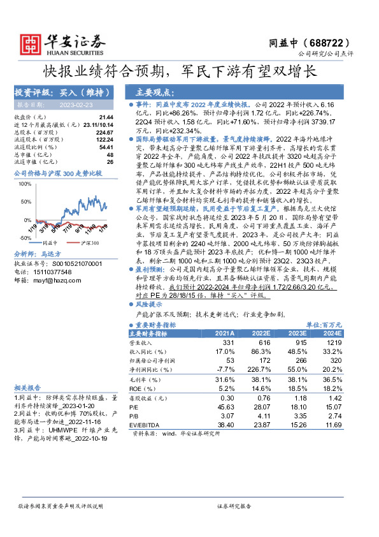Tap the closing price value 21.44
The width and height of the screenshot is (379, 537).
[x=106, y=117]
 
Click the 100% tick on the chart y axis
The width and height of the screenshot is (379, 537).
[x=25, y=184]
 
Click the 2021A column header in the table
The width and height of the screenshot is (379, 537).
[x=224, y=333]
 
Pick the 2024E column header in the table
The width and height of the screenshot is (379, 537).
[x=332, y=333]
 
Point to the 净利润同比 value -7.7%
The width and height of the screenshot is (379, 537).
[x=226, y=369]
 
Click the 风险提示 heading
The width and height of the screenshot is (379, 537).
[x=151, y=304]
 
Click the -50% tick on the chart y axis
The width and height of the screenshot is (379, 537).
[x=25, y=237]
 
